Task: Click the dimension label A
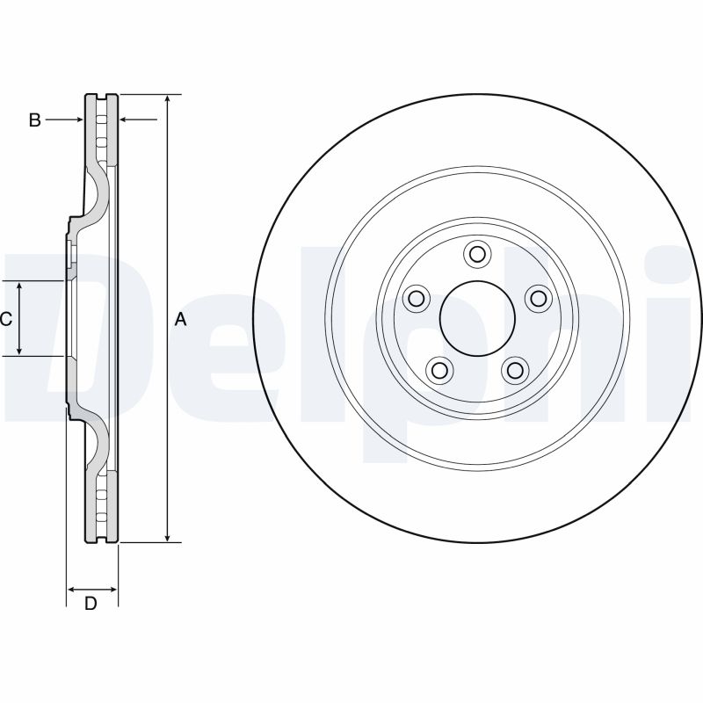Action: pos(180,320)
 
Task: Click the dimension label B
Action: pos(34,120)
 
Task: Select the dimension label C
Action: pos(6,319)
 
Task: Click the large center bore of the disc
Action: pos(477,318)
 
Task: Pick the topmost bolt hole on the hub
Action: pos(477,254)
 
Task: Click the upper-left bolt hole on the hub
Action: pos(416,298)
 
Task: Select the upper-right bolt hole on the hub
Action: pos(538,298)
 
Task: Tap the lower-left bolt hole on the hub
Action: pos(439,370)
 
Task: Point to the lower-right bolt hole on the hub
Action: pos(515,370)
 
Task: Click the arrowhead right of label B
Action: pos(80,120)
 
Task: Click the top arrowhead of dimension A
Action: pos(167,98)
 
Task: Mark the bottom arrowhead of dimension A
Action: pos(167,538)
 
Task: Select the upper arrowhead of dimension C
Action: pos(19,286)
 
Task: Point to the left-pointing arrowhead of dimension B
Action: pos(124,120)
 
